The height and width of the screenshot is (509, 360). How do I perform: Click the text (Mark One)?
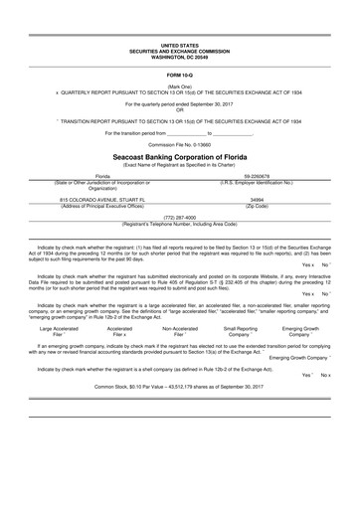[x=180, y=86]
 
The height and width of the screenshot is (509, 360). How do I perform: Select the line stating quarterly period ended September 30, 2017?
[x=180, y=102]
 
